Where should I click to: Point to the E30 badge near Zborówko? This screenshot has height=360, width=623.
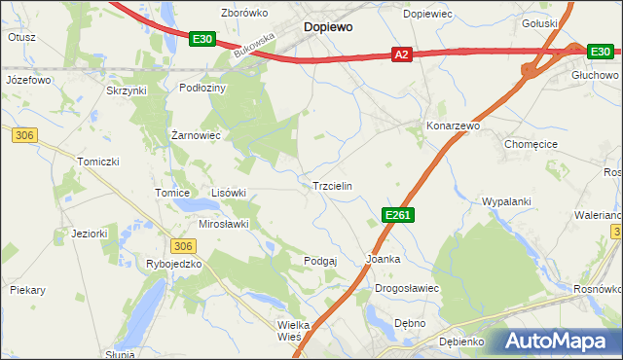tap(202, 38)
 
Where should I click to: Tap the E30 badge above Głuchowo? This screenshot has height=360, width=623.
tap(598, 52)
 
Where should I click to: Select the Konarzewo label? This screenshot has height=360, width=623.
tap(454, 126)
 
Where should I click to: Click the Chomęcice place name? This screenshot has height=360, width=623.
tap(532, 143)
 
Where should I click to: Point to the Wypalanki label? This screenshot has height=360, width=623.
tap(506, 201)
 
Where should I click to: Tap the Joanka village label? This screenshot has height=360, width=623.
tap(383, 260)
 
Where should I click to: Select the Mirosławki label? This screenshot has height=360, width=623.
tap(225, 224)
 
